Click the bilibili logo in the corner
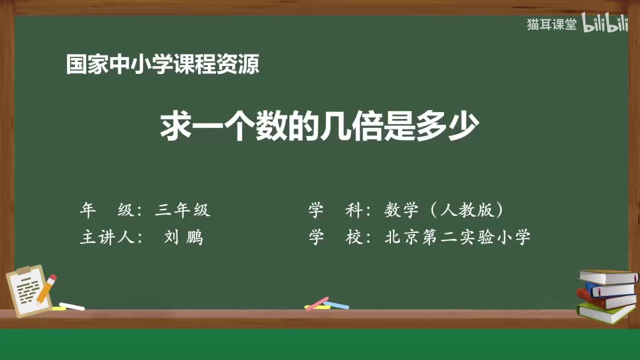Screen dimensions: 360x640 click(x=605, y=24)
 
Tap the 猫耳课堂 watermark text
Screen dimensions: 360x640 click(x=551, y=24)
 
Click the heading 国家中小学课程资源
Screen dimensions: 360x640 click(x=162, y=64)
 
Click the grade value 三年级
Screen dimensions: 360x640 click(x=182, y=210)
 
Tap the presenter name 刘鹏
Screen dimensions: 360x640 click(x=183, y=237)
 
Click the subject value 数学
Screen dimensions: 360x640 click(x=401, y=210)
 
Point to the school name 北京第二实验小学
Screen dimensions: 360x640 click(x=457, y=237)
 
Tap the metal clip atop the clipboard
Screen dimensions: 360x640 click(x=23, y=270)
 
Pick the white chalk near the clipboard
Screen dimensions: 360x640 click(x=71, y=306)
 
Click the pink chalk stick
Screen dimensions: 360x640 click(x=316, y=303)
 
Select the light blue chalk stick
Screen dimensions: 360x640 click(x=336, y=304)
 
